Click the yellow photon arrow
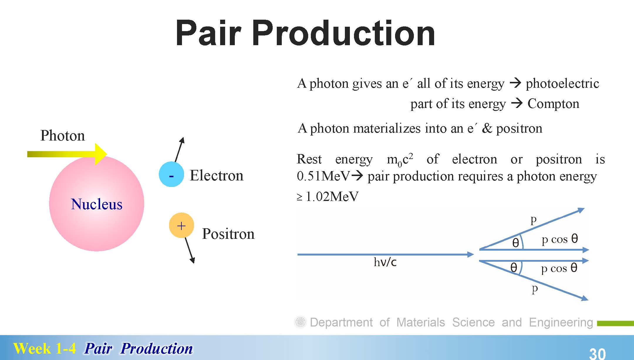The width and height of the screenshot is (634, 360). [x=67, y=154]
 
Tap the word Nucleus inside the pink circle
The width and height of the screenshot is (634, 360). [x=97, y=204]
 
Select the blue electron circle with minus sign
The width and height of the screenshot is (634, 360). [x=171, y=174]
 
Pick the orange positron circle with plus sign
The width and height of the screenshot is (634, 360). [x=181, y=225]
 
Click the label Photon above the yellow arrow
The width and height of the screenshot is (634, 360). [x=63, y=136]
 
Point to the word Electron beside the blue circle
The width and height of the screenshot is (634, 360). [x=217, y=175]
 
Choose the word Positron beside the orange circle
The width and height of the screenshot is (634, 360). [x=228, y=234]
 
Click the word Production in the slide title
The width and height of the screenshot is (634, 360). [x=343, y=33]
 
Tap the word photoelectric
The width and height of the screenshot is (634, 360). [x=562, y=84]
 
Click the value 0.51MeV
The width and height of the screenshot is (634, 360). [x=323, y=176]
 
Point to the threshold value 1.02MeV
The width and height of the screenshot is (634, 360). [x=332, y=197]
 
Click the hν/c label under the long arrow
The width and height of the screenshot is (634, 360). [x=385, y=262]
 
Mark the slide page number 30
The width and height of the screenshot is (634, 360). [x=597, y=353]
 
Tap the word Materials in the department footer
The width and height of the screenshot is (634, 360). [x=421, y=322]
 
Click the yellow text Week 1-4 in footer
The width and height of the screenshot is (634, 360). [x=45, y=349]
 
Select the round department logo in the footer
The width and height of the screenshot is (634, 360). [x=300, y=322]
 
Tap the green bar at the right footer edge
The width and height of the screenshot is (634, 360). [x=616, y=323]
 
